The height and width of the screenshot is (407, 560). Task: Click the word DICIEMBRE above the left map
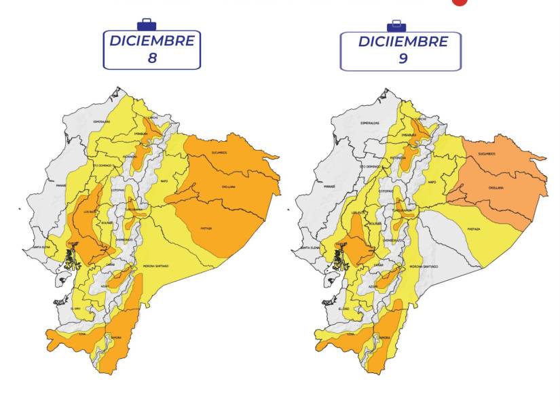pyautogui.click(x=152, y=41)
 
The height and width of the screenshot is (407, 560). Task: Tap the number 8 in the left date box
pyautogui.click(x=152, y=58)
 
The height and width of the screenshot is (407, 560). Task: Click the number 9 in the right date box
pyautogui.click(x=403, y=59)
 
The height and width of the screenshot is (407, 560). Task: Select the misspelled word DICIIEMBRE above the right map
pyautogui.click(x=403, y=42)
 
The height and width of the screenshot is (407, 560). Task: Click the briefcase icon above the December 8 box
pyautogui.click(x=146, y=25)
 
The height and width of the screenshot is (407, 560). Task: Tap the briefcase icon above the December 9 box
pyautogui.click(x=396, y=26)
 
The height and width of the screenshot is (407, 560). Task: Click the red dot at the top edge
pyautogui.click(x=460, y=1)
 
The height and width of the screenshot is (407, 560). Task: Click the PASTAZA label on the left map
pyautogui.click(x=206, y=229)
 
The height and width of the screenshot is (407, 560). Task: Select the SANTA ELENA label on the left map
pyautogui.click(x=39, y=247)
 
